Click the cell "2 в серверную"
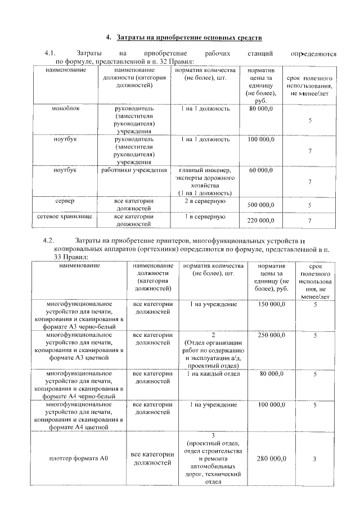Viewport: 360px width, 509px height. click(x=205, y=201)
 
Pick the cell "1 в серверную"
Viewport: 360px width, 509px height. click(x=205, y=217)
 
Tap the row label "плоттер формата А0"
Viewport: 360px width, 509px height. click(x=76, y=459)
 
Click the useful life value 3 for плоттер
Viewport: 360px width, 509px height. click(x=316, y=460)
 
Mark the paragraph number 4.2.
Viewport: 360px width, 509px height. click(x=49, y=240)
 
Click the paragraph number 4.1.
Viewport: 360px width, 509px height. click(x=49, y=54)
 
